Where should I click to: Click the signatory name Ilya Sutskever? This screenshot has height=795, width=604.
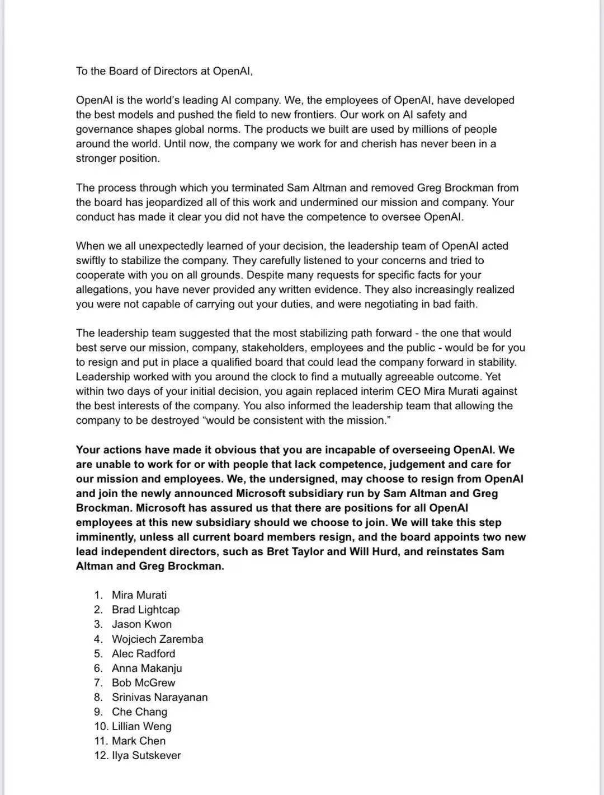pyautogui.click(x=146, y=755)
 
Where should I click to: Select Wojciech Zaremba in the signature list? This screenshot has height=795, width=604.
pyautogui.click(x=157, y=639)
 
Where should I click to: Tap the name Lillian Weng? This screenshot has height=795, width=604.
pyautogui.click(x=141, y=726)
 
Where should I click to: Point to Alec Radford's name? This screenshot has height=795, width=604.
pyautogui.click(x=143, y=653)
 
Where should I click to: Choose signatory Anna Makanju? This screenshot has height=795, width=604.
pyautogui.click(x=147, y=668)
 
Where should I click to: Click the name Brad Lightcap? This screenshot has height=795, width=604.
pyautogui.click(x=145, y=610)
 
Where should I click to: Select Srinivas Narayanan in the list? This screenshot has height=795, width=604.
pyautogui.click(x=159, y=697)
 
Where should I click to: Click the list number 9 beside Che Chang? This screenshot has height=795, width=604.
pyautogui.click(x=98, y=712)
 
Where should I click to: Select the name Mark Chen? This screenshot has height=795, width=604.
pyautogui.click(x=139, y=741)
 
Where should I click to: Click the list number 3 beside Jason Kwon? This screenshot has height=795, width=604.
pyautogui.click(x=98, y=624)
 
